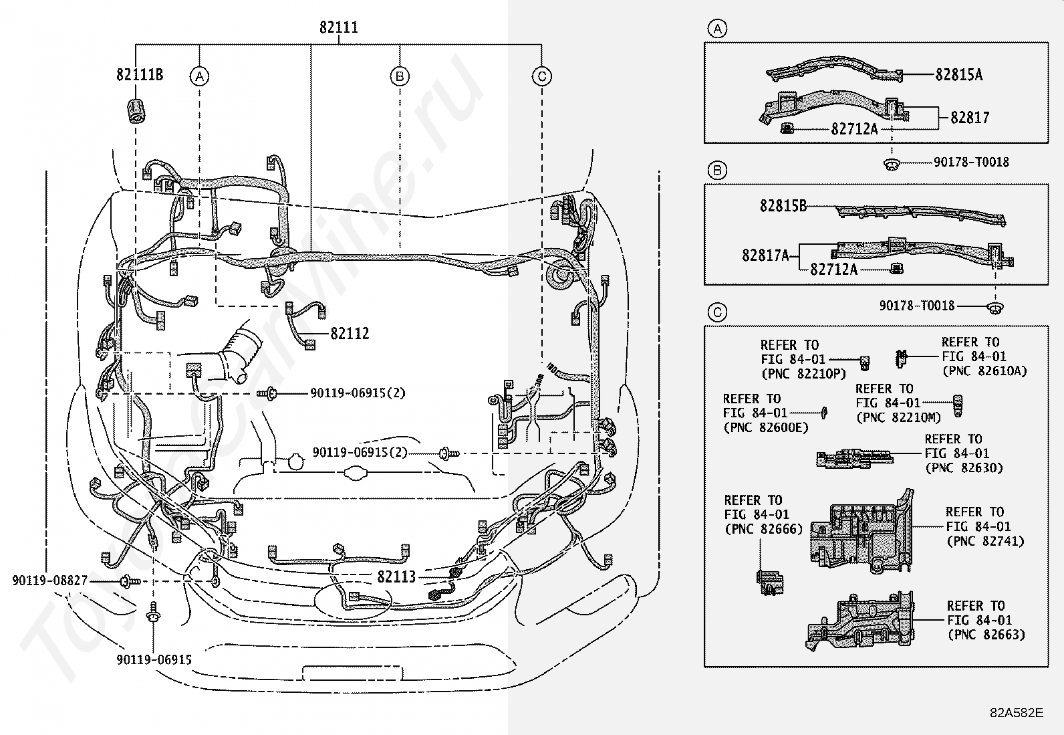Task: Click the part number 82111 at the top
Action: click(339, 27)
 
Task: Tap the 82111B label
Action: click(140, 75)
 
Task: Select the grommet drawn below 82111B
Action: click(136, 111)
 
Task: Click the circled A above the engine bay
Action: click(199, 76)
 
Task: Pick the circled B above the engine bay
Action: click(400, 76)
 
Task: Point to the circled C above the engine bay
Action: click(542, 76)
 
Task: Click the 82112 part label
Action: click(350, 333)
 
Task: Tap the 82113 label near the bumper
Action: click(396, 576)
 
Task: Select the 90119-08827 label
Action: click(50, 581)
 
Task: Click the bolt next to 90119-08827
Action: click(130, 581)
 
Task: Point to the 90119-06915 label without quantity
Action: click(154, 659)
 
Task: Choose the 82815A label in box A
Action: click(958, 75)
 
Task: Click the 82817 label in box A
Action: click(970, 118)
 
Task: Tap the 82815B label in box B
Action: click(783, 205)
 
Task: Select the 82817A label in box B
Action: click(765, 255)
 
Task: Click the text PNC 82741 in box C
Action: click(986, 541)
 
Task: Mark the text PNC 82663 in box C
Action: click(986, 635)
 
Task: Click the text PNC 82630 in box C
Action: click(964, 467)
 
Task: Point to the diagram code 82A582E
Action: click(1017, 713)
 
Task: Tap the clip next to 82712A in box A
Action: click(787, 128)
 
